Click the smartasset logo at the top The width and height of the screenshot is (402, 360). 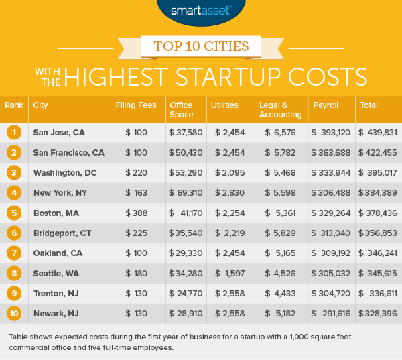coord(201,11)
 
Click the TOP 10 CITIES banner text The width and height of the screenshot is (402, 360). coord(200,48)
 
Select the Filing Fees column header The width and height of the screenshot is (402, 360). coord(130,105)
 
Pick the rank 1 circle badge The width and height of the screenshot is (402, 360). coord(14,132)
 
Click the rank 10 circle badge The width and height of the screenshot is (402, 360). coord(14,313)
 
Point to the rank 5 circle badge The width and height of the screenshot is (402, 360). coord(14,213)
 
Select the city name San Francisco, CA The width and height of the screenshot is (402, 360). coord(68,152)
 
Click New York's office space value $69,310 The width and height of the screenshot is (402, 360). coord(186,192)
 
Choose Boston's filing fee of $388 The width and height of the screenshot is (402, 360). coord(137,213)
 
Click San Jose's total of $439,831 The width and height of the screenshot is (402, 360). coord(377,132)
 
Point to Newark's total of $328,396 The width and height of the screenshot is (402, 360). coord(377,313)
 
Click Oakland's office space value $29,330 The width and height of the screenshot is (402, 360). coord(186,253)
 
